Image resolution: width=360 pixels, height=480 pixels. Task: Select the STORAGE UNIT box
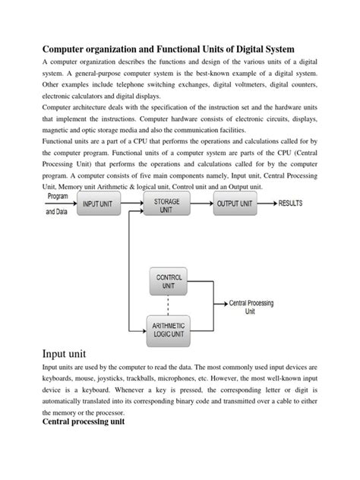click(167, 204)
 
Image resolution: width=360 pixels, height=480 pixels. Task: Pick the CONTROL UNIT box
click(169, 283)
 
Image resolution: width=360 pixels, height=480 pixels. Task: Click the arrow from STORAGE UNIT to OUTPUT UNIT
click(201, 204)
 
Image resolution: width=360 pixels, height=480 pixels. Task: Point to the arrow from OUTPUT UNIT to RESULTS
click(269, 204)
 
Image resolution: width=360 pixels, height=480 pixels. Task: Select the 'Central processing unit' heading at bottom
click(84, 419)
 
